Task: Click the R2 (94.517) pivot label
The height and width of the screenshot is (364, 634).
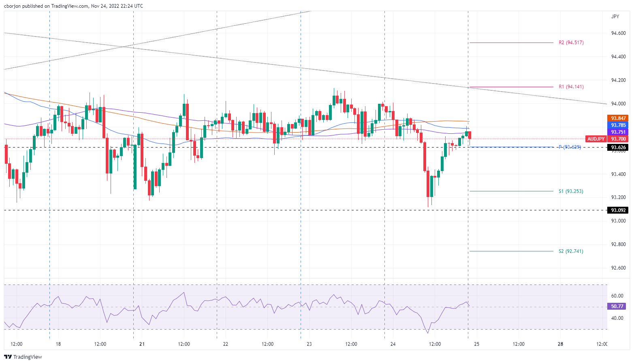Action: coord(571,43)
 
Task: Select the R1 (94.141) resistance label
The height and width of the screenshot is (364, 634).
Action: coord(571,87)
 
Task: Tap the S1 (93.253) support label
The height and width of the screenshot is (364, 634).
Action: coord(571,191)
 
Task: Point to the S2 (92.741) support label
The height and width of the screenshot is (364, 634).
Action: coord(571,251)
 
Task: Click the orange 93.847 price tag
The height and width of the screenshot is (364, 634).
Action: coord(618,118)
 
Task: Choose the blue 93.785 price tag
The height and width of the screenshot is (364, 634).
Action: coord(618,125)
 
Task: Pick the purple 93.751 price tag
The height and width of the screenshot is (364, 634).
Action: coord(618,132)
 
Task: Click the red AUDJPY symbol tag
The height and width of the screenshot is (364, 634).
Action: coord(596,139)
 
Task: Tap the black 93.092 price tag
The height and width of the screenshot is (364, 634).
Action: coord(618,210)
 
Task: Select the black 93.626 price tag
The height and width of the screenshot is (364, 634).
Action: coord(618,148)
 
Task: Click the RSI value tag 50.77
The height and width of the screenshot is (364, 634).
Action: coord(618,306)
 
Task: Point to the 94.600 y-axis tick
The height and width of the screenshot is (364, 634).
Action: coord(618,33)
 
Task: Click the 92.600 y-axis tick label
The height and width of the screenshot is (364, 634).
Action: coord(618,268)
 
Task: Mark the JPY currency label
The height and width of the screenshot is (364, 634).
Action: coord(615,17)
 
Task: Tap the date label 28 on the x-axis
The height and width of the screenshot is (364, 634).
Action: coord(560,344)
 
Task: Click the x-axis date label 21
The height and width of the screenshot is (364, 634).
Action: coord(142,344)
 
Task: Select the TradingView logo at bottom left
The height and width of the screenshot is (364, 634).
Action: coord(23,357)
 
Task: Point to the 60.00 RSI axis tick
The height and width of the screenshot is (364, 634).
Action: coord(617,296)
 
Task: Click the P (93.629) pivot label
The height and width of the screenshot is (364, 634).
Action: coord(570,147)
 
